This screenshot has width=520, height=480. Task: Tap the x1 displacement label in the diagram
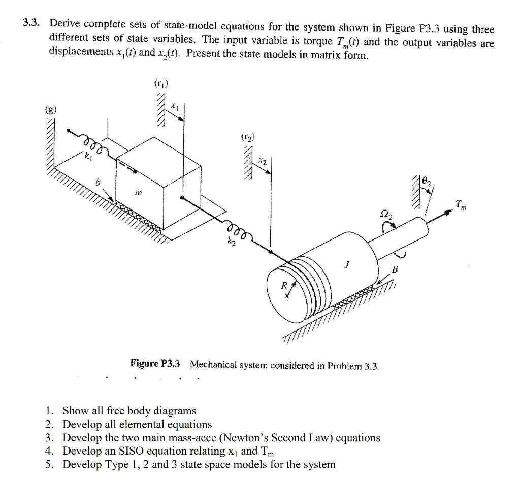tap(174, 107)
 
